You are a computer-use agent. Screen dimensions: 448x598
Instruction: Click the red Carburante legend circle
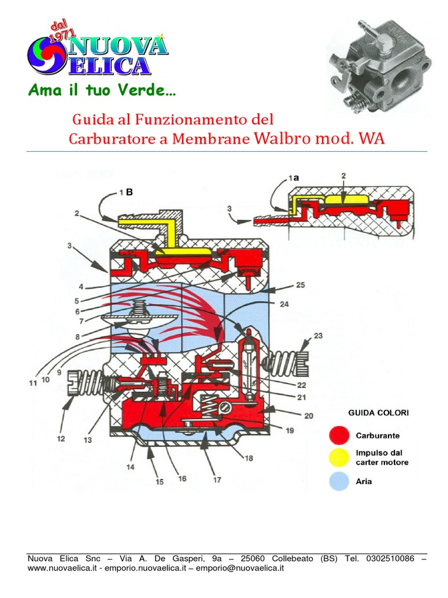tap(339, 436)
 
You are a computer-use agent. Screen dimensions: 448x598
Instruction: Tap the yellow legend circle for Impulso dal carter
tap(339, 458)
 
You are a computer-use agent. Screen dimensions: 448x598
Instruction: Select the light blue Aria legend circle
tap(339, 481)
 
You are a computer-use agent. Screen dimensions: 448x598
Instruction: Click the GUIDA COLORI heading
tap(378, 413)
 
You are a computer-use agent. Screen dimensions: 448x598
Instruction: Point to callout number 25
tap(300, 285)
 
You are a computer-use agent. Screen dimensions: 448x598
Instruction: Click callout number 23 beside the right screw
tap(318, 336)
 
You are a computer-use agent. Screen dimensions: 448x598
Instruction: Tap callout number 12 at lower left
tap(61, 439)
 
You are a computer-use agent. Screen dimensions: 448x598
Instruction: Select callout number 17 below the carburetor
tap(217, 480)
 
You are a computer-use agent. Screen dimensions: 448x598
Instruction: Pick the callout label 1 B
tap(126, 192)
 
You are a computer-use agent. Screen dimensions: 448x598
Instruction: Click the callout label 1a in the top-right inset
tap(294, 178)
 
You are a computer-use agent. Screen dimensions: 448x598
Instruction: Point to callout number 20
tap(309, 416)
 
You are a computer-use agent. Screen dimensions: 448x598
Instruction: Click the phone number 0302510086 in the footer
tap(390, 558)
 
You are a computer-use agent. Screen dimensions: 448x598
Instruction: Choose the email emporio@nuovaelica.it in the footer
tap(240, 568)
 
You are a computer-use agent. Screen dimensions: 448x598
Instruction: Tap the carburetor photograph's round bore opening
tap(405, 77)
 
